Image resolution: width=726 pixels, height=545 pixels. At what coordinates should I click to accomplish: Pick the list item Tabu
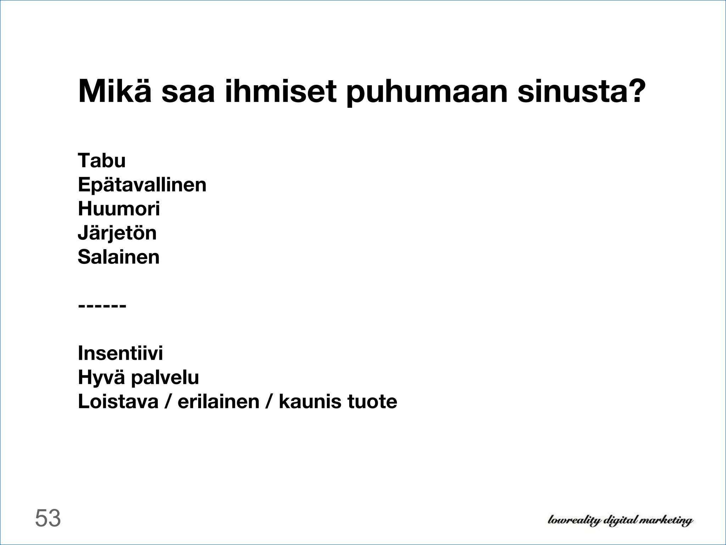102,160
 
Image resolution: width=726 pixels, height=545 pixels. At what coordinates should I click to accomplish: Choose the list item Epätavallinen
142,185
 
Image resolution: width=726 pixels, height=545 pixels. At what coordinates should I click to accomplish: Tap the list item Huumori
119,209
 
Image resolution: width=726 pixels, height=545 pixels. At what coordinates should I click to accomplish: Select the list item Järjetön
117,233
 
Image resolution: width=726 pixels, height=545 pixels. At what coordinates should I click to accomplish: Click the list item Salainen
118,257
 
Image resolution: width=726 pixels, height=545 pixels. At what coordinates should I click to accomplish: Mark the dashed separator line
102,305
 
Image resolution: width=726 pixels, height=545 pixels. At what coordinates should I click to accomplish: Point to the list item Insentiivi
120,353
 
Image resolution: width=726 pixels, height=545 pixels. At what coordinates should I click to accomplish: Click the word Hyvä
101,378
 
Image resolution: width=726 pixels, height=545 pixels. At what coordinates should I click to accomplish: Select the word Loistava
118,402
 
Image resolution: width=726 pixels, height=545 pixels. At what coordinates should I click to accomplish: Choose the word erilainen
218,402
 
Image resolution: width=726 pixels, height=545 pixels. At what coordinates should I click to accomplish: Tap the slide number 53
48,518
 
